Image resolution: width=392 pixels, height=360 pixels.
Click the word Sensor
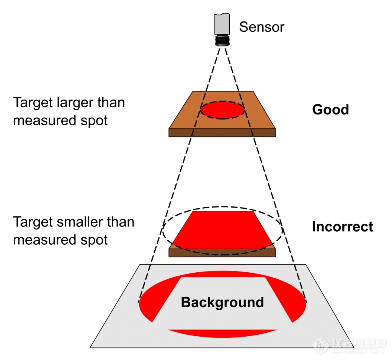tap(262, 27)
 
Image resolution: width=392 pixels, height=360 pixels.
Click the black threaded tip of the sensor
tap(222, 41)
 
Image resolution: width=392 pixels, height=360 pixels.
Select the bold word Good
tap(330, 110)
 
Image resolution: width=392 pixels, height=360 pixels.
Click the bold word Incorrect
tap(342, 227)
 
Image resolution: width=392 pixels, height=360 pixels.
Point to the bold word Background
tap(222, 303)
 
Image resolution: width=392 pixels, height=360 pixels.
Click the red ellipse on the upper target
tap(222, 110)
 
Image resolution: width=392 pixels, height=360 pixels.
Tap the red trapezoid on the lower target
tap(222, 230)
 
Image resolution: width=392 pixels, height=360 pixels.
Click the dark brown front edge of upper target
tap(222, 133)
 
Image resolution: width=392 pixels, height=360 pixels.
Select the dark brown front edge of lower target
tap(222, 253)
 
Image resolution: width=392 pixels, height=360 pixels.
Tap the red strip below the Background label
tap(222, 333)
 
